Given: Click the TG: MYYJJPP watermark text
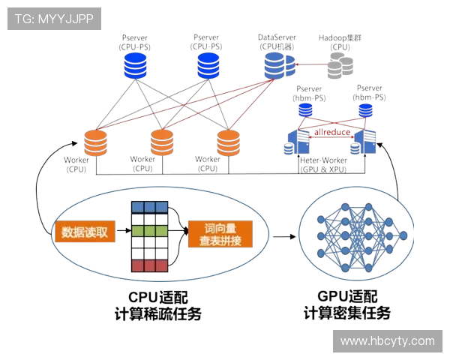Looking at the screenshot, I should (54, 19).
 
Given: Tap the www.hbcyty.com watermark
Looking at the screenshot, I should (387, 340).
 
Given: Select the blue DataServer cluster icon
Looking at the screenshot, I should (278, 67).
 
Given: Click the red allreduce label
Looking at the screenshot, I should (332, 132).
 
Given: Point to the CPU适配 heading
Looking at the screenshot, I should (157, 297).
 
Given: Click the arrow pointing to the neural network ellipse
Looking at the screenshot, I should (283, 236).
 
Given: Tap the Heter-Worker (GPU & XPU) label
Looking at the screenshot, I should (323, 165).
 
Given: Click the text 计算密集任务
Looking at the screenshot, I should (346, 313).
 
